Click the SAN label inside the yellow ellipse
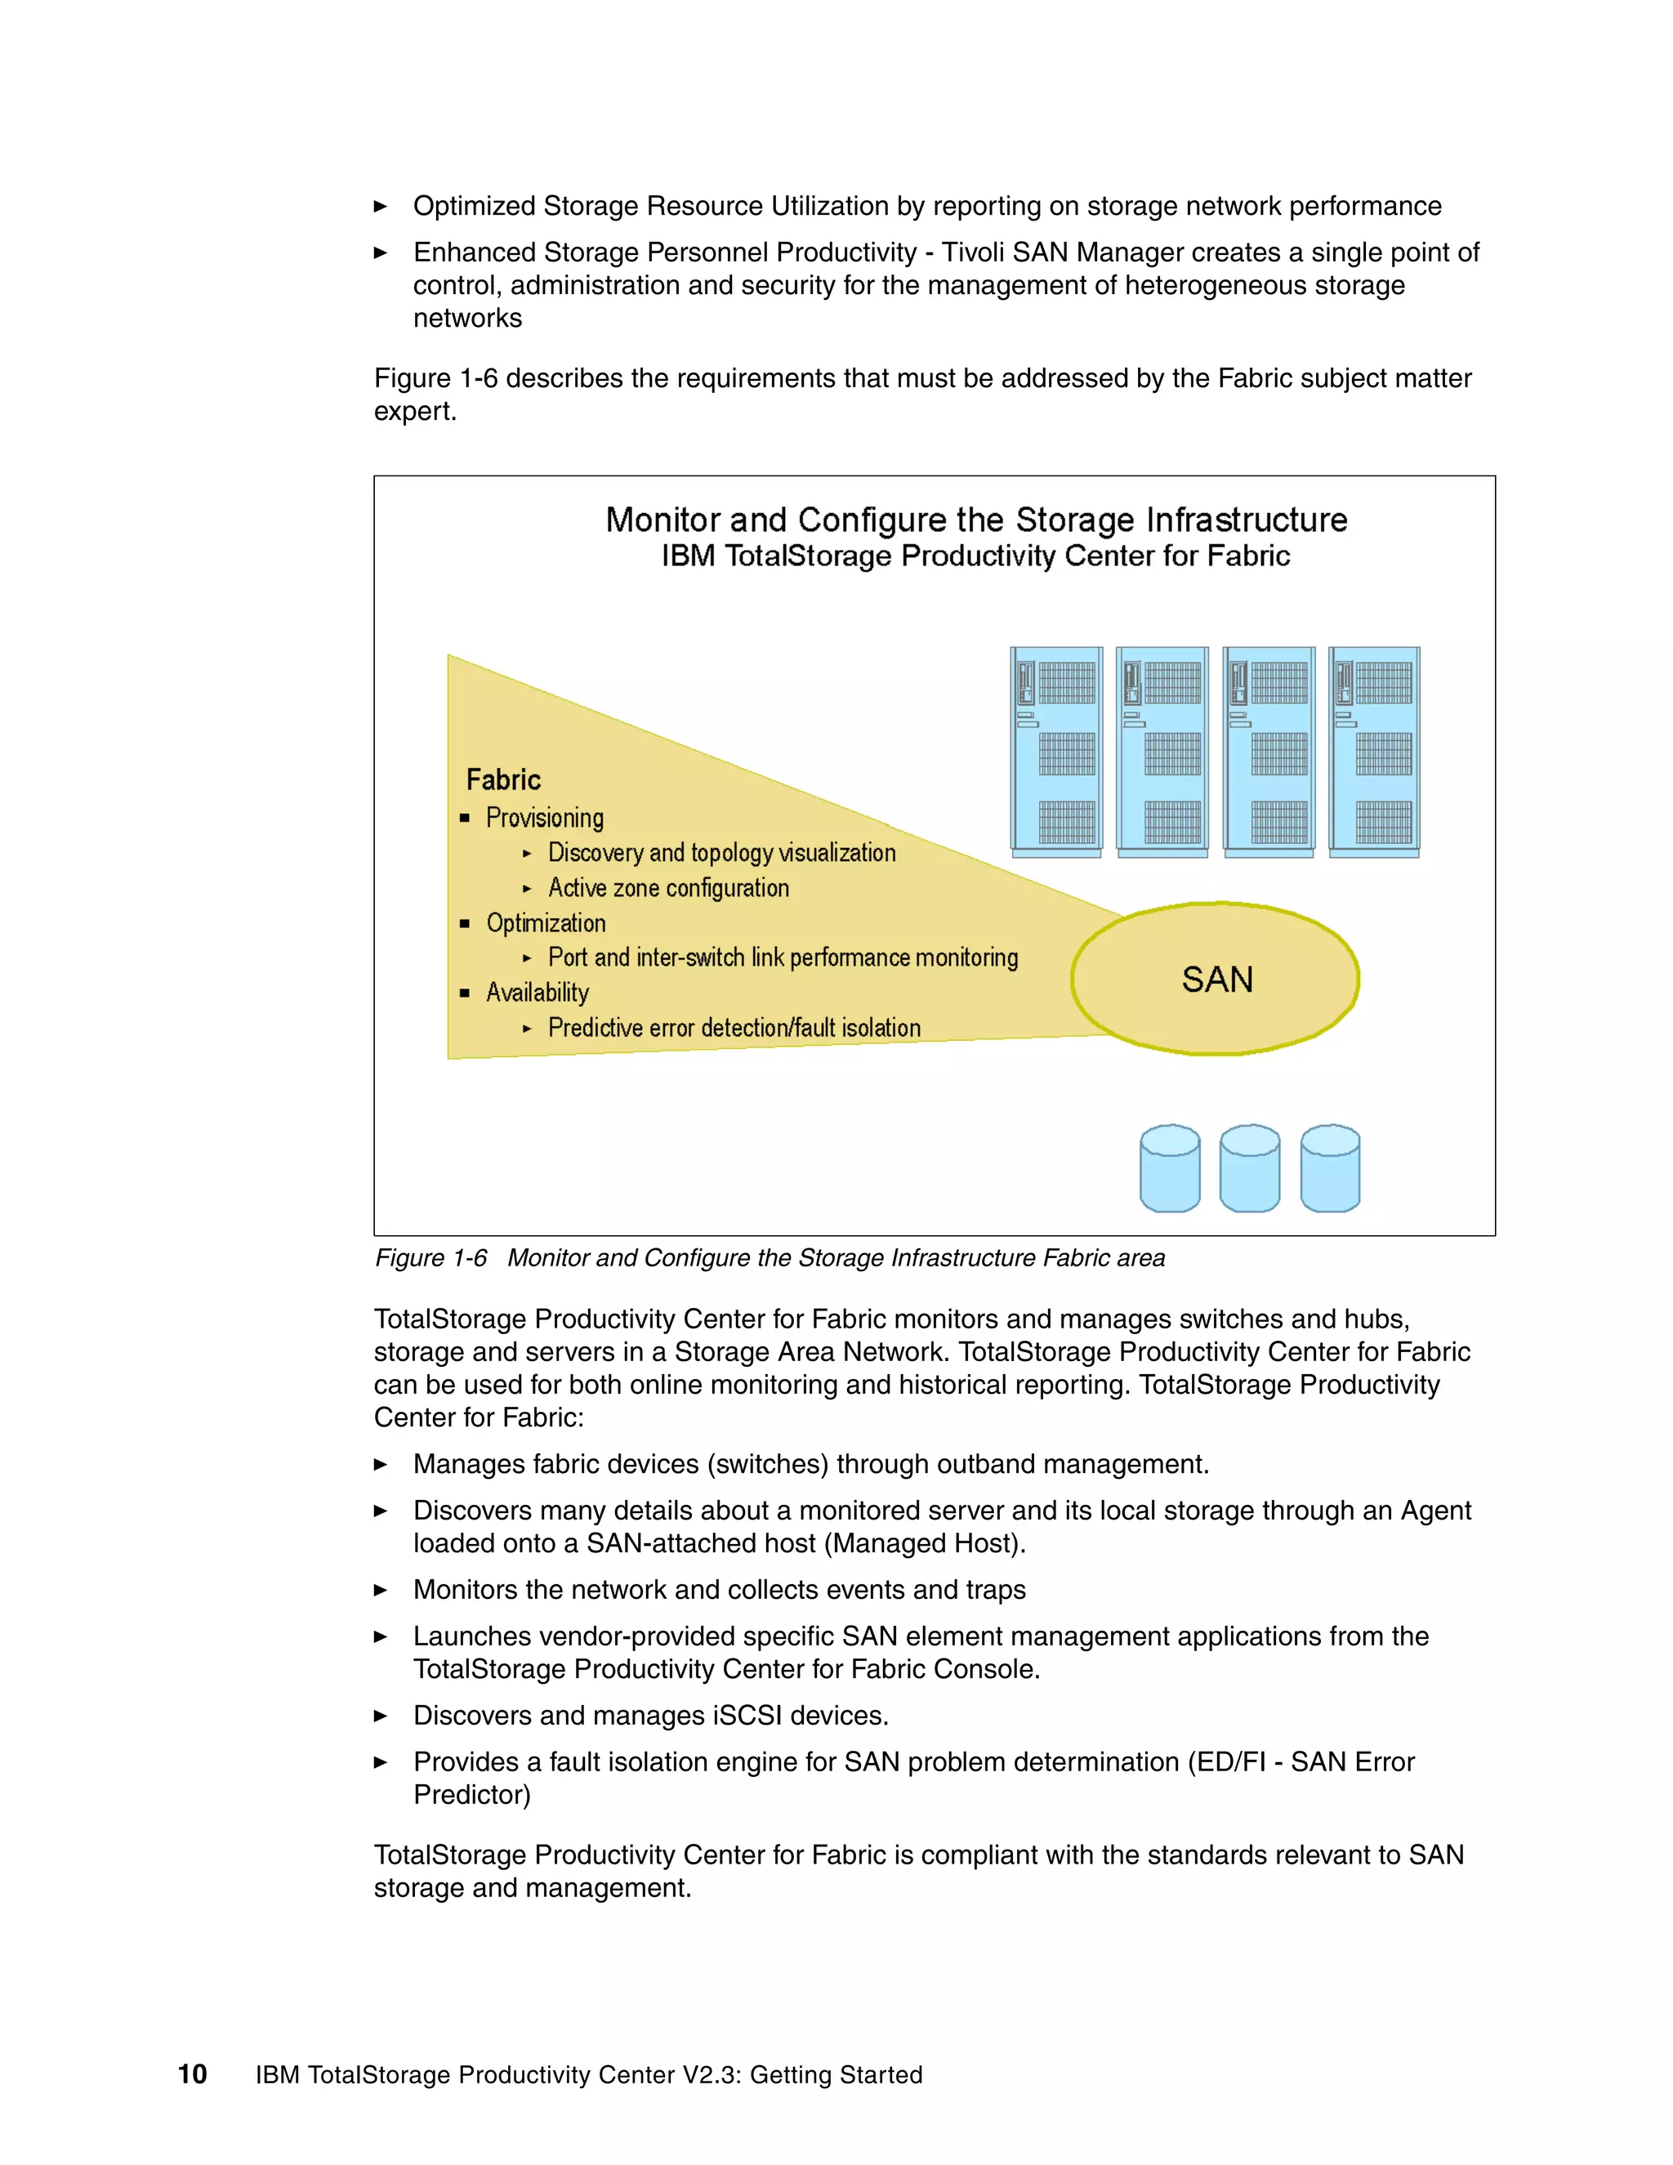[1217, 980]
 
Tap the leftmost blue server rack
[1056, 752]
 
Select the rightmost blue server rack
[1375, 752]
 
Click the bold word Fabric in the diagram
[503, 779]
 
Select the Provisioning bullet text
[544, 818]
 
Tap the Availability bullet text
[538, 993]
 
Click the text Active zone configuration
[668, 888]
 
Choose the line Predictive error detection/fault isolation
[734, 1028]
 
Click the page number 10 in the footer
[192, 2073]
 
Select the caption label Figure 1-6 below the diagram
[431, 1258]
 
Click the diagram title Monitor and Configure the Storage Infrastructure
[975, 520]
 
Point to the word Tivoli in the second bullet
[970, 252]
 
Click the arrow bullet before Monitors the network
[381, 1590]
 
